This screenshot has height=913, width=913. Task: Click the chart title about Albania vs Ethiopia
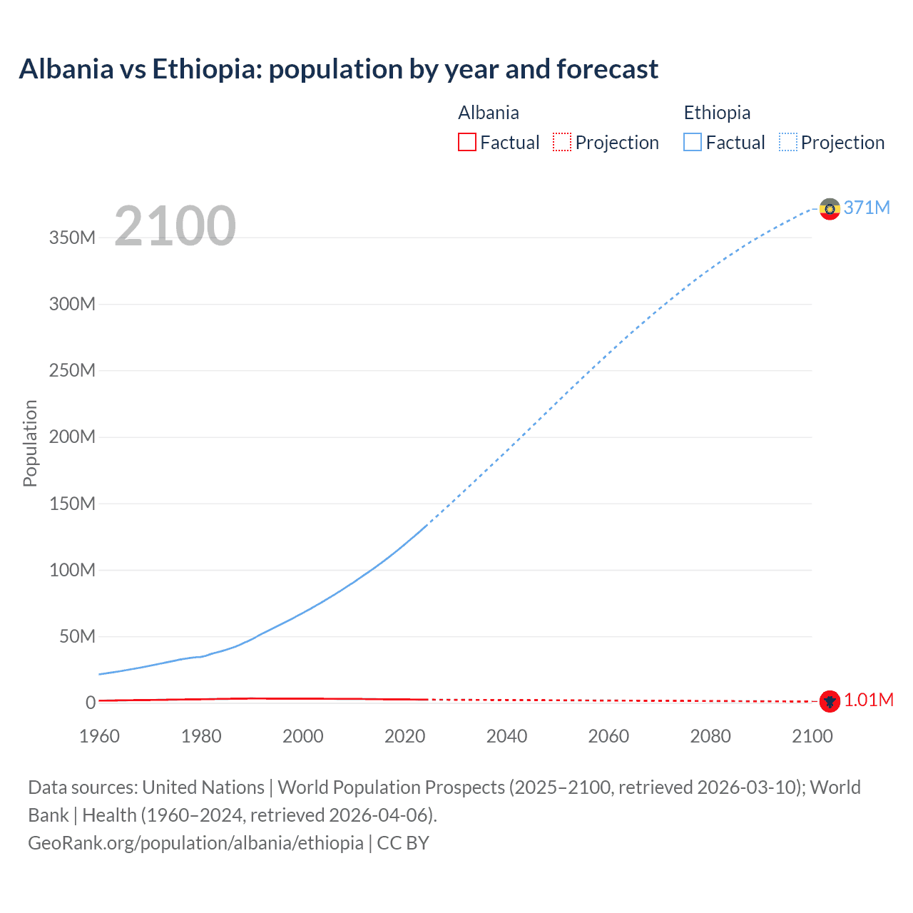tap(338, 69)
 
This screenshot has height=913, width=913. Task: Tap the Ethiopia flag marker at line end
tap(829, 209)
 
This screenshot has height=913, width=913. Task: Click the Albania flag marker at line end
tap(829, 701)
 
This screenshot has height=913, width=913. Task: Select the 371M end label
tap(867, 208)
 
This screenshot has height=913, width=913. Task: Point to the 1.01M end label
tap(868, 700)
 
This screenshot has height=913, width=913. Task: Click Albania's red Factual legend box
tap(467, 143)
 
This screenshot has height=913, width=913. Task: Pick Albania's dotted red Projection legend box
tap(562, 143)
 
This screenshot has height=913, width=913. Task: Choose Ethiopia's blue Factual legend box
tap(693, 143)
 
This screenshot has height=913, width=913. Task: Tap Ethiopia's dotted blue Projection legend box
tap(788, 143)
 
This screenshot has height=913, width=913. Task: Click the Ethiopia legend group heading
tap(717, 113)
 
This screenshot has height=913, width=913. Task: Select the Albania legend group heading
tap(489, 113)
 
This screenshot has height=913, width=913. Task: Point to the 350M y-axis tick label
tap(72, 238)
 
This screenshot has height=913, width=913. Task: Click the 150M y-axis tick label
tap(72, 504)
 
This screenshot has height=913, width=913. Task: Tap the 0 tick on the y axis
tap(91, 703)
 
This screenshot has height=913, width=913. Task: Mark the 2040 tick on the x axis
tap(506, 736)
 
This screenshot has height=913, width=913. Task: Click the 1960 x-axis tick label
tap(99, 736)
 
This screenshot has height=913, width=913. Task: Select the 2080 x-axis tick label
tap(710, 736)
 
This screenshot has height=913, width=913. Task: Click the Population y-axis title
tap(30, 443)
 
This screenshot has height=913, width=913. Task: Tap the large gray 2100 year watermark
tap(175, 226)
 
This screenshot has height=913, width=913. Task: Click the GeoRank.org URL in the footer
tap(195, 843)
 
